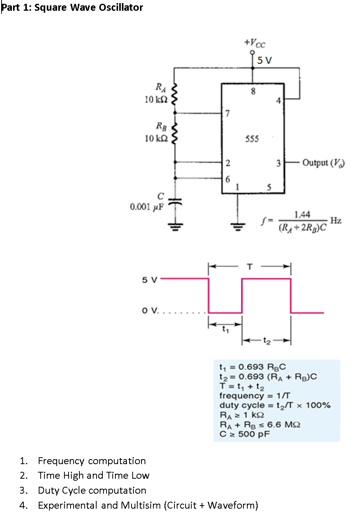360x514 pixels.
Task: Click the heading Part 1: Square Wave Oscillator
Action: pyautogui.click(x=72, y=7)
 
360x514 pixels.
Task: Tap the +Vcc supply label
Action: pyautogui.click(x=255, y=43)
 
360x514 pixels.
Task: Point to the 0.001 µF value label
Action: pyautogui.click(x=146, y=207)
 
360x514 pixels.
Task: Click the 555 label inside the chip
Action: pyautogui.click(x=252, y=138)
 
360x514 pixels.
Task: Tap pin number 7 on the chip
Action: pyautogui.click(x=227, y=113)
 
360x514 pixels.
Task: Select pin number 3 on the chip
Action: pyautogui.click(x=278, y=163)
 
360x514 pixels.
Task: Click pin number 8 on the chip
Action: pyautogui.click(x=253, y=91)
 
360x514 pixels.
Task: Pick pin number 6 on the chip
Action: pyautogui.click(x=228, y=179)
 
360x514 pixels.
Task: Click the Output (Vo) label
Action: pyautogui.click(x=323, y=163)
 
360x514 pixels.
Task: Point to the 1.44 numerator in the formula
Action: pyautogui.click(x=302, y=214)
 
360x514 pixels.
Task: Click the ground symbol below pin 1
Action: pyautogui.click(x=238, y=226)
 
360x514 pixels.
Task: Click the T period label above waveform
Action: pyautogui.click(x=250, y=266)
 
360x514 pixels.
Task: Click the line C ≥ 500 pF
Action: pyautogui.click(x=245, y=434)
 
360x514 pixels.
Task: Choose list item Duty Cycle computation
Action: pyautogui.click(x=92, y=490)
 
